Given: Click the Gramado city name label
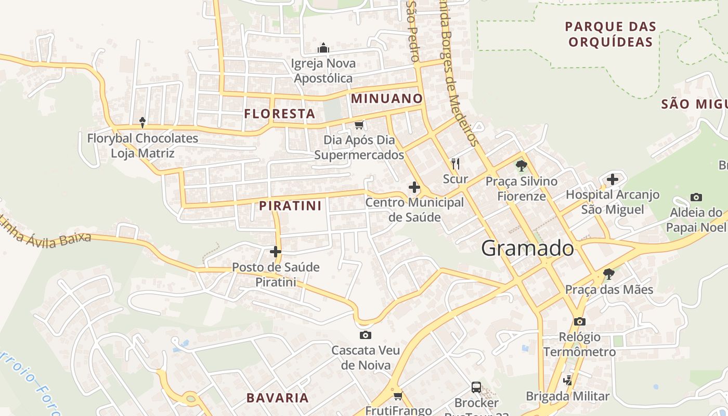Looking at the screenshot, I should point(527,249).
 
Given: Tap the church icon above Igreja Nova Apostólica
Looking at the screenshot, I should point(323,48).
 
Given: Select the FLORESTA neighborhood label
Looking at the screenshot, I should point(280,114).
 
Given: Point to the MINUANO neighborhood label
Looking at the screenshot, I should point(387,98).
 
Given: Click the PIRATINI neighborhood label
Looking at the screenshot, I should point(290,205).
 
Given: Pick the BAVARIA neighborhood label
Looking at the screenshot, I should point(277,398).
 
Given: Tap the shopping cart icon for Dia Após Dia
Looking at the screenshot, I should point(359,125).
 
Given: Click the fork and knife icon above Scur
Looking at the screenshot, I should point(456,164).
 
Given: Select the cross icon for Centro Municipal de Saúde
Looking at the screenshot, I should point(414,187).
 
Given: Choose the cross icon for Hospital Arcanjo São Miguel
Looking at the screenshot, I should point(613,179).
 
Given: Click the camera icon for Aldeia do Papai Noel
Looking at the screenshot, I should point(696,197).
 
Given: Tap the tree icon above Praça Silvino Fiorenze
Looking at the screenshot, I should point(521,166).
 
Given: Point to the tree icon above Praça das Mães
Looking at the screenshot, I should point(608,274).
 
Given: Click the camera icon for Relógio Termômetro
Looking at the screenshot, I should point(580,321).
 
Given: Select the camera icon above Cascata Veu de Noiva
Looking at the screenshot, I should point(366,335).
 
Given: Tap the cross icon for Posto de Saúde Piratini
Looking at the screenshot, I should point(276,252).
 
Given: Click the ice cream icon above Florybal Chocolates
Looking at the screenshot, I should point(142,123).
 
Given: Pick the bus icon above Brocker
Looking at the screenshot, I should point(476,387).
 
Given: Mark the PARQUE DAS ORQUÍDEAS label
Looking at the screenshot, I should point(610,34).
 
